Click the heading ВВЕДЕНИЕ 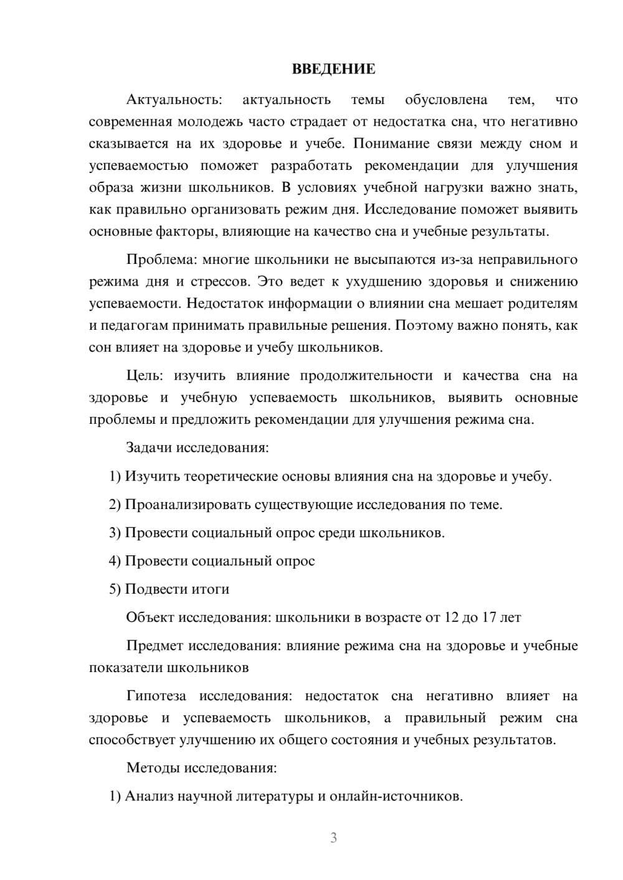(x=333, y=69)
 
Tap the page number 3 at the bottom (x=333, y=838)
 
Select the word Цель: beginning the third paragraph (x=145, y=376)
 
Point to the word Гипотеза (x=156, y=696)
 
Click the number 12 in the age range (x=450, y=617)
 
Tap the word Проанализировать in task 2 (x=188, y=505)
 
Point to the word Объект (x=150, y=617)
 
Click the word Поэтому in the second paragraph (x=419, y=325)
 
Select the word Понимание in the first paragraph (x=386, y=144)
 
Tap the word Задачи (x=150, y=448)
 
